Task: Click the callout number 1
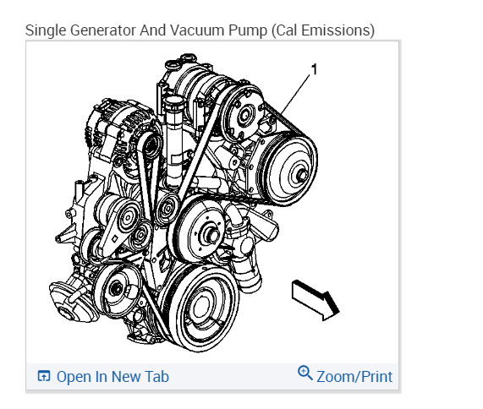tap(314, 69)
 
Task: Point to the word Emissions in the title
tap(338, 30)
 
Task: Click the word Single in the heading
tap(46, 31)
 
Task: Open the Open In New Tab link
tap(113, 377)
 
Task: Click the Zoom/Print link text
tap(354, 377)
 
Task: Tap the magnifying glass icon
tap(305, 373)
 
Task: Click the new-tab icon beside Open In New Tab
tap(44, 376)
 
